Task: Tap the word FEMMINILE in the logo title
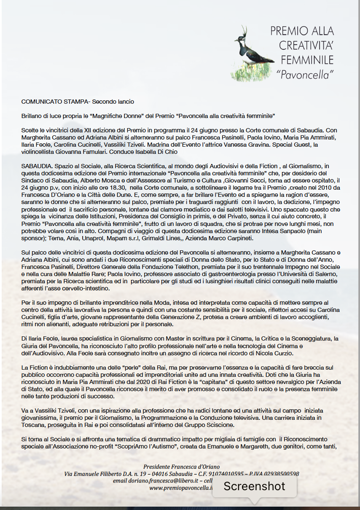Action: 307,59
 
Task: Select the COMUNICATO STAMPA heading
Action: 56,102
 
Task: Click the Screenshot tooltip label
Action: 254,486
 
